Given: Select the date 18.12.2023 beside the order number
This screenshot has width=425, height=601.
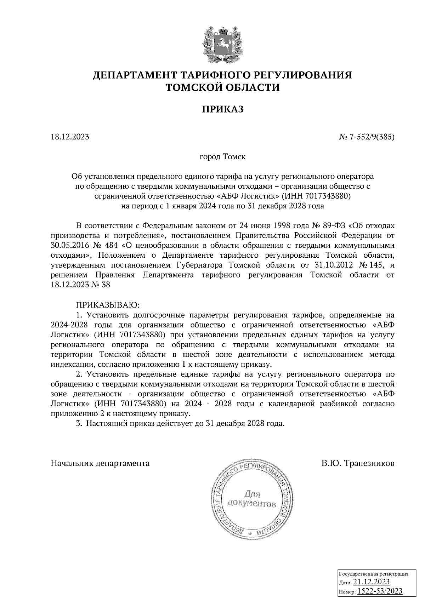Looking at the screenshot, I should (x=70, y=137).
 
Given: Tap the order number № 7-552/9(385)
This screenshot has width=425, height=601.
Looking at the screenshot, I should (x=367, y=137).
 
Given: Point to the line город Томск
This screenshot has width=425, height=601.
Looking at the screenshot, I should (x=222, y=156).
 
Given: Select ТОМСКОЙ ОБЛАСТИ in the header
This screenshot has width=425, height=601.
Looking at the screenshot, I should (x=223, y=87).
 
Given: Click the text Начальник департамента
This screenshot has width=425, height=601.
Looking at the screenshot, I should (x=100, y=463).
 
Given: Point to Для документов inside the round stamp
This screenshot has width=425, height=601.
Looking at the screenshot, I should (x=252, y=498).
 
